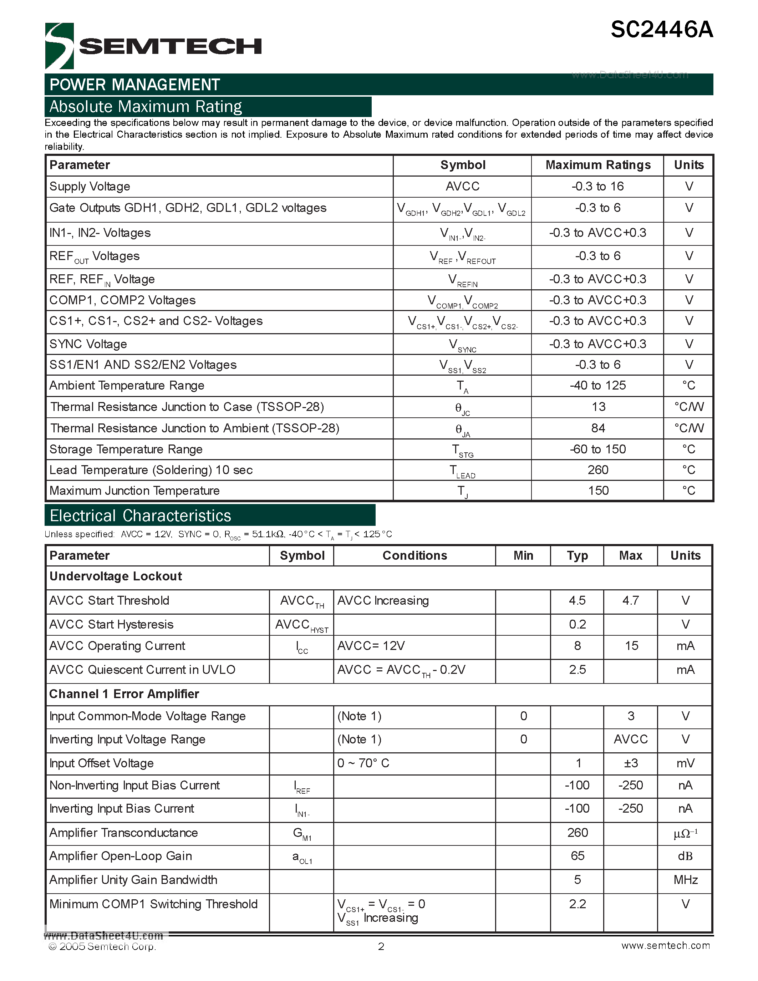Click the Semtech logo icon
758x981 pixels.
59,46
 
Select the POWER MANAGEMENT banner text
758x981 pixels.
135,85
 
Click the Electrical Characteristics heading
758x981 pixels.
141,516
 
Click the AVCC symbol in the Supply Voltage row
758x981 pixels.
463,187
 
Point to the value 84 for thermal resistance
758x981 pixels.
598,428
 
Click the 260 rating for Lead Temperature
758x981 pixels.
598,470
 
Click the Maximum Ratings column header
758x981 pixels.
598,165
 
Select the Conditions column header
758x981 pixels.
414,556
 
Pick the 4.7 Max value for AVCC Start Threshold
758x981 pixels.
630,600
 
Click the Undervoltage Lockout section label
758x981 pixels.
116,576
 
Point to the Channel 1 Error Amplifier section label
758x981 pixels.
124,694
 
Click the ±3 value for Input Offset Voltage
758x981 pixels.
630,763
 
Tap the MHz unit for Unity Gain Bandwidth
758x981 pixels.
685,879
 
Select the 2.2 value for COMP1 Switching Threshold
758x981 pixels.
577,904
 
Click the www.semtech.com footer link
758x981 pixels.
666,946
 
